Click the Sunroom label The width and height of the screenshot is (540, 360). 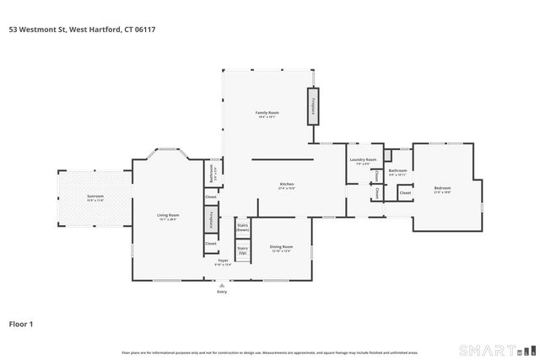94,197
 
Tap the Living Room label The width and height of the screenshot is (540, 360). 169,216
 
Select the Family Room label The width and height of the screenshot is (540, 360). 267,113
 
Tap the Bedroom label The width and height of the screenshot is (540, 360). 442,188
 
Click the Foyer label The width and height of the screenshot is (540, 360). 224,261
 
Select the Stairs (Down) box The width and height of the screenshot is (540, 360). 242,228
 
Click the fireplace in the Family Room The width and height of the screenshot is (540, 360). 314,106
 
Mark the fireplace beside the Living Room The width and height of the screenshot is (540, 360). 210,217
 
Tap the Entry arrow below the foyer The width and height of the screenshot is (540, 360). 222,285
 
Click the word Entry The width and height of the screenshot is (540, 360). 222,292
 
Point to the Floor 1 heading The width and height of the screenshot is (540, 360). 21,323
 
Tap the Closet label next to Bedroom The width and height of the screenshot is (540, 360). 405,193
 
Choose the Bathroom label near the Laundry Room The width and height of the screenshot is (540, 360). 397,172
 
